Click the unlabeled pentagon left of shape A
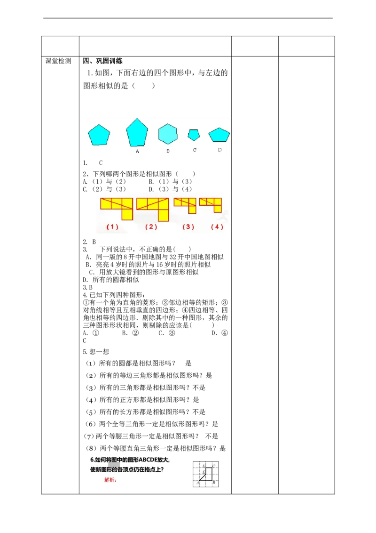tap(99, 135)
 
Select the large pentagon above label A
tap(137, 133)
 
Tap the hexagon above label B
tap(168, 134)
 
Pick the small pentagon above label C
tap(194, 135)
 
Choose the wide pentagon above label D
tap(219, 135)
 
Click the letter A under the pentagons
tap(137, 152)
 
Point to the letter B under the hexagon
tap(168, 151)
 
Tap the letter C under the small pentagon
tap(195, 150)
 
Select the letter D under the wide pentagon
tap(219, 150)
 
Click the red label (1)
tap(112, 226)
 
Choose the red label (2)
tap(151, 226)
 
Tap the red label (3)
tap(188, 226)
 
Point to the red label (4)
tap(217, 226)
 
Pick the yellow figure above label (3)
tap(187, 204)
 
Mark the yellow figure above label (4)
tap(212, 203)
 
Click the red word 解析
tap(110, 480)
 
